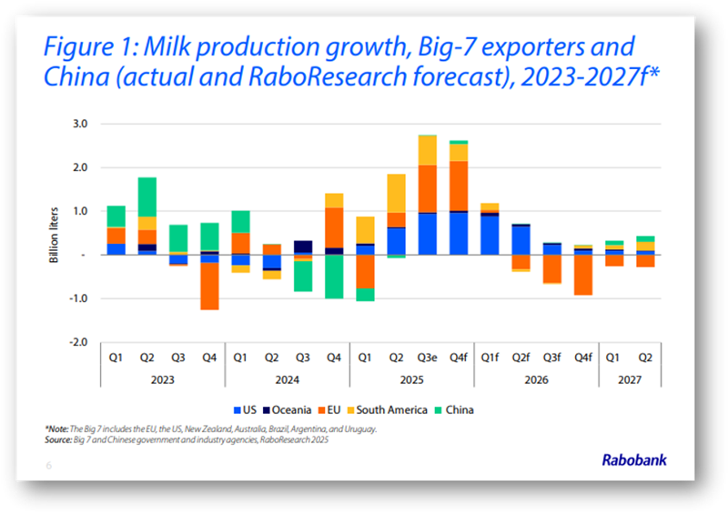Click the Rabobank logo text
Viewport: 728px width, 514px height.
pyautogui.click(x=633, y=460)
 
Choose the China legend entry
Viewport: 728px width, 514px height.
pyautogui.click(x=460, y=409)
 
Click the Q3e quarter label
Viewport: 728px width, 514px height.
pyautogui.click(x=428, y=358)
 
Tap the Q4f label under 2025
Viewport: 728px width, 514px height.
pyautogui.click(x=459, y=358)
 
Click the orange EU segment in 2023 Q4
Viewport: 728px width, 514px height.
pyautogui.click(x=210, y=287)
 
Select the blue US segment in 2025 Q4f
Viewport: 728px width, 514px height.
pyautogui.click(x=459, y=233)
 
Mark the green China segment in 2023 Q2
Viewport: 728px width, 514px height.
pyautogui.click(x=147, y=197)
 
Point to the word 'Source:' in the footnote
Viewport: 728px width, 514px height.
pyautogui.click(x=60, y=438)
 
